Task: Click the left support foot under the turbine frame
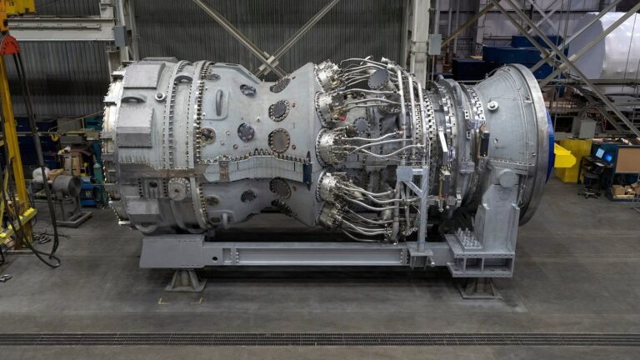click(184, 280)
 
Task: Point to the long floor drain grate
click(320, 339)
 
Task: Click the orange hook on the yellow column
click(9, 43)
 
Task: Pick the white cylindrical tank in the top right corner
click(612, 46)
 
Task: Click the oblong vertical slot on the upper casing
click(218, 102)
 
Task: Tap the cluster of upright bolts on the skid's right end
click(468, 240)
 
